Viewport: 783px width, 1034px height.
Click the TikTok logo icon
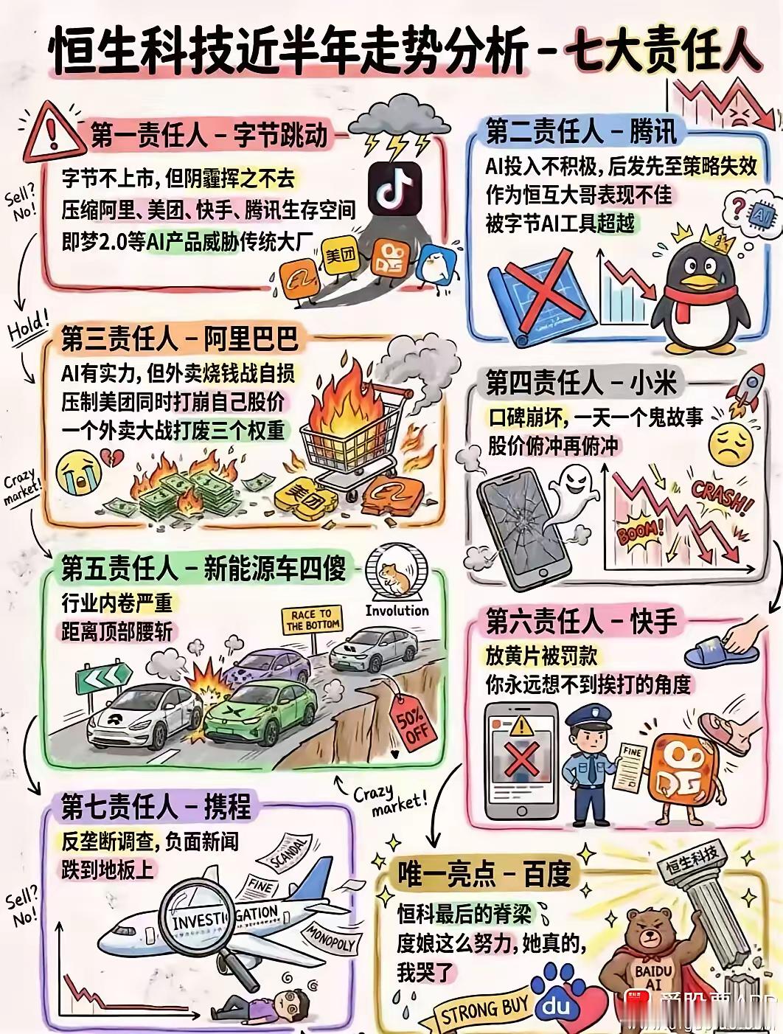point(394,188)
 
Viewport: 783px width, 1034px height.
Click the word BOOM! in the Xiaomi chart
point(638,529)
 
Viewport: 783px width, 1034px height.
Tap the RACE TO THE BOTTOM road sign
point(312,620)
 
